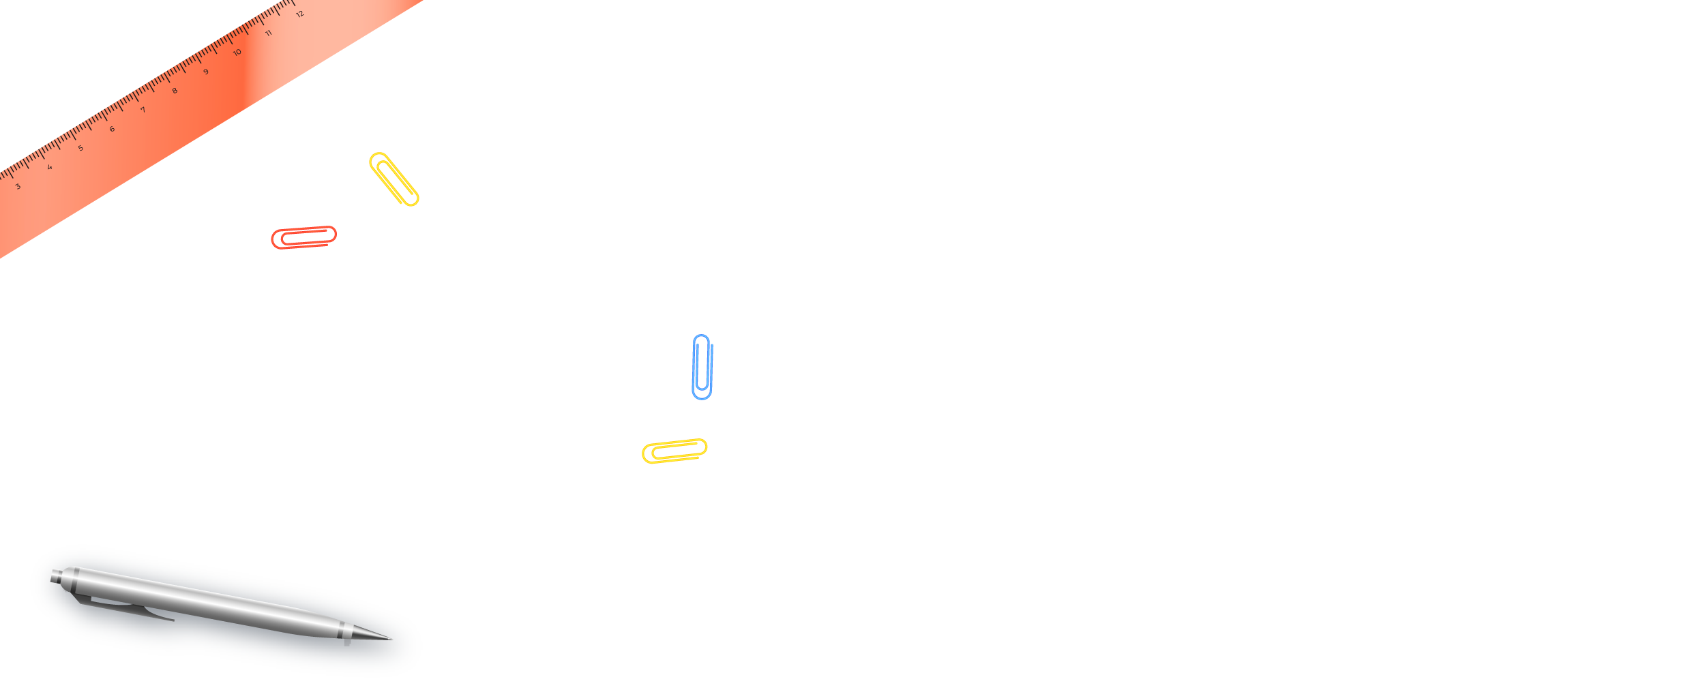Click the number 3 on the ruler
point(18,186)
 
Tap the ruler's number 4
point(50,167)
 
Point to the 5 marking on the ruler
point(80,148)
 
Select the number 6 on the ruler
point(112,129)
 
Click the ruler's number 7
point(143,110)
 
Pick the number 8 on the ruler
point(175,91)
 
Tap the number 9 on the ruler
point(206,72)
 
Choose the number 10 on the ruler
point(237,52)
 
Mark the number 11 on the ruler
point(269,33)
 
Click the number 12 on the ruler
point(300,14)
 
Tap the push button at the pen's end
point(57,576)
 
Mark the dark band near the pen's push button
point(74,577)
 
